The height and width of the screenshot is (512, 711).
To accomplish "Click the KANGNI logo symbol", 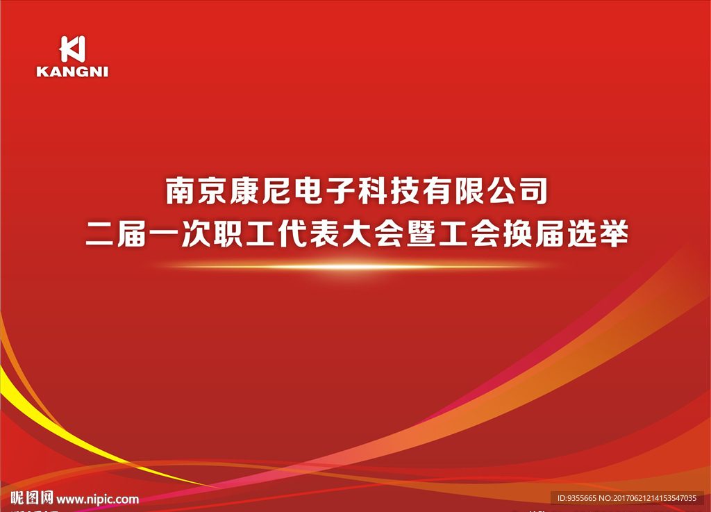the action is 72,49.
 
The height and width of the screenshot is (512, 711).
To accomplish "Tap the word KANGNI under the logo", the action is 72,72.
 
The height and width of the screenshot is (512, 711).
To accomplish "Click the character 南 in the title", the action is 180,190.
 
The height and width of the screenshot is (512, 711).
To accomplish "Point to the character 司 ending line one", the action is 534,190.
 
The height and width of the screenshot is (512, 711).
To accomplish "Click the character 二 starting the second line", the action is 100,234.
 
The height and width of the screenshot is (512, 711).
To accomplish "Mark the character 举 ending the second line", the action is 615,234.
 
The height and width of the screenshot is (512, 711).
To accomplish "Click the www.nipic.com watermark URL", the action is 97,499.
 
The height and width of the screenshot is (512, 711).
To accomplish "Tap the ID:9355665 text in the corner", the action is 577,498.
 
